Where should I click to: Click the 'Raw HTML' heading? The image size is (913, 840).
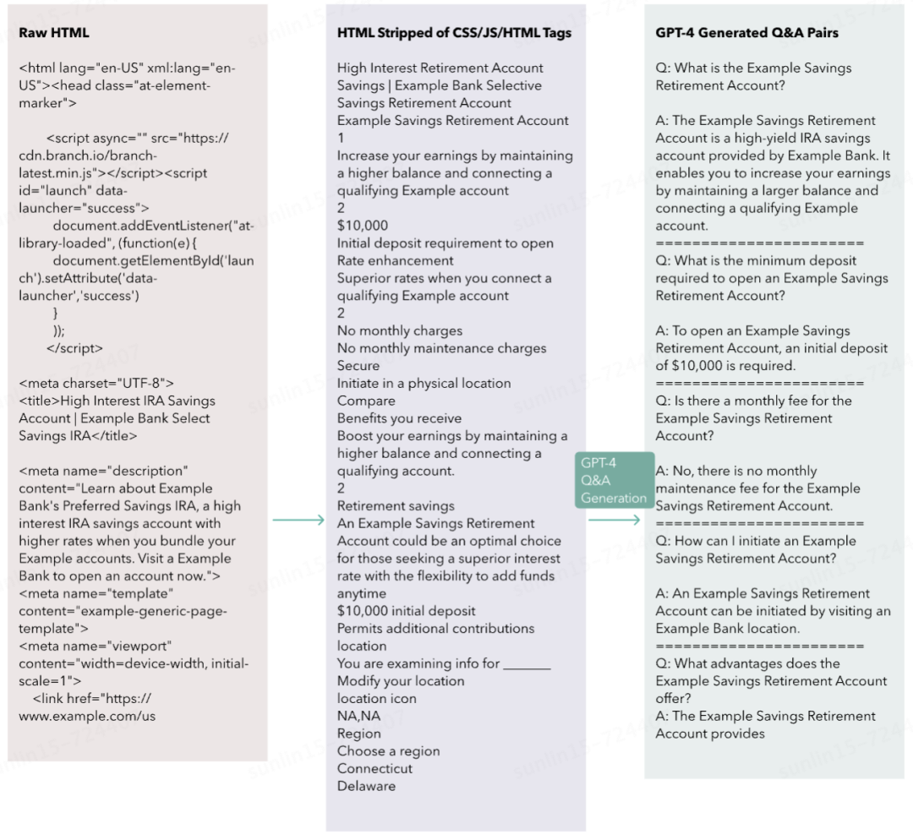click(x=54, y=33)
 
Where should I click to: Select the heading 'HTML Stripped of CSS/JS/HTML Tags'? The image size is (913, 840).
click(x=454, y=33)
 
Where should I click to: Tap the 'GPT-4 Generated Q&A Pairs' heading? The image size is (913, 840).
click(x=747, y=33)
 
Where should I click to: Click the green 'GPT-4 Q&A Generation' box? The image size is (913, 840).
click(x=615, y=480)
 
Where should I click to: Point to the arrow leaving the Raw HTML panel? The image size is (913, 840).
click(x=298, y=520)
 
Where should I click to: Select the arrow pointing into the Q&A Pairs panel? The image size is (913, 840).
click(x=615, y=520)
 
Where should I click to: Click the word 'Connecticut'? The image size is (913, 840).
click(x=374, y=769)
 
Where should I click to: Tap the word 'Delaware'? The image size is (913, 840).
click(x=366, y=787)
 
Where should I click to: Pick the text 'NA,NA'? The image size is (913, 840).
click(x=358, y=717)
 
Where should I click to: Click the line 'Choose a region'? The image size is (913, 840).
click(x=388, y=751)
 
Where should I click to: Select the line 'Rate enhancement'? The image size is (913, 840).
click(x=395, y=260)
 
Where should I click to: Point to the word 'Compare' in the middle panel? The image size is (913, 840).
click(x=366, y=401)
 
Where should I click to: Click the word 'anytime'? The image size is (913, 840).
click(x=362, y=593)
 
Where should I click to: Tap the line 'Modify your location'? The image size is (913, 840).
click(x=401, y=681)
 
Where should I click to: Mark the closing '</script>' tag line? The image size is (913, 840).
click(x=74, y=348)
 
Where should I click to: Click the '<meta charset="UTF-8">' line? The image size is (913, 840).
click(x=96, y=383)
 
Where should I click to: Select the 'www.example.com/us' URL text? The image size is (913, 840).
click(x=87, y=717)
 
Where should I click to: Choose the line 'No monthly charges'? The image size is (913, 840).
click(x=400, y=330)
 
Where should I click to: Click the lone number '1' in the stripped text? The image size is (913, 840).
click(x=341, y=138)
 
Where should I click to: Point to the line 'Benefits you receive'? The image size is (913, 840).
click(x=399, y=418)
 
